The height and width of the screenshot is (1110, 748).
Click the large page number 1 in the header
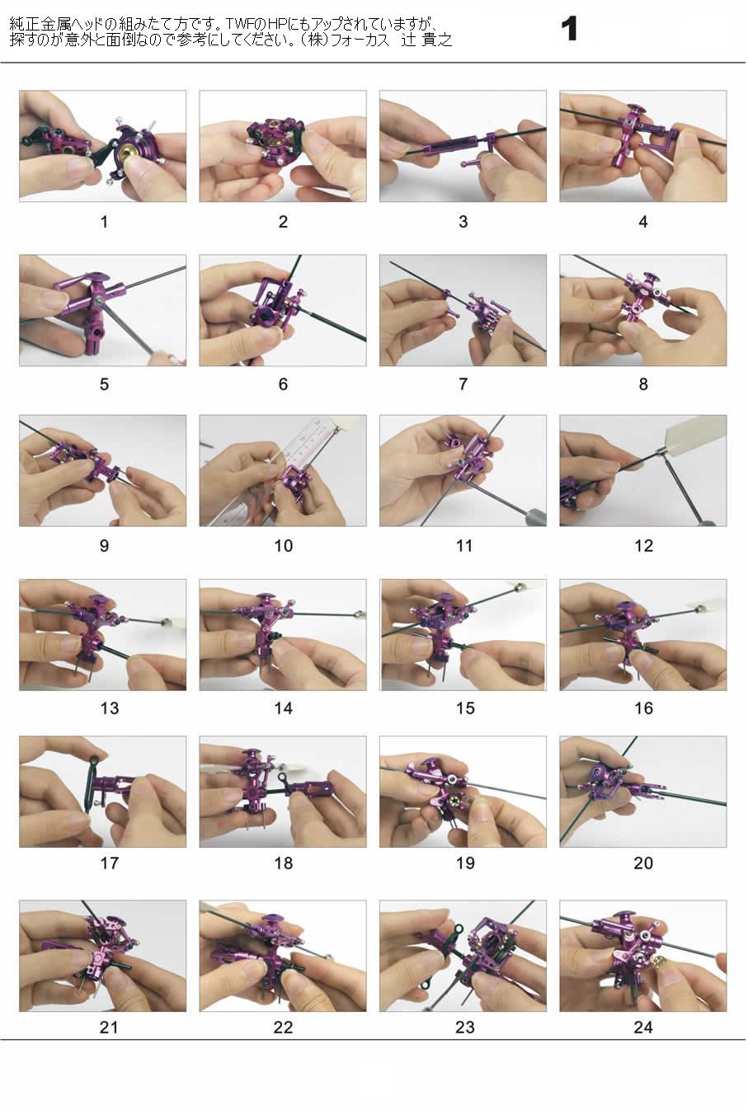coord(570,29)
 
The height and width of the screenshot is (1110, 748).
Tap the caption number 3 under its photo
coord(463,222)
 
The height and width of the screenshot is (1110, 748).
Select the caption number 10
coord(284,546)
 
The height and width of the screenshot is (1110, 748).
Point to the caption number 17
coord(110,863)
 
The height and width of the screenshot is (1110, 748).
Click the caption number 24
coord(643,1028)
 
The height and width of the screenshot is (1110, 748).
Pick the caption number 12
coord(643,546)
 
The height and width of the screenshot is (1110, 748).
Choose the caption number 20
coord(643,863)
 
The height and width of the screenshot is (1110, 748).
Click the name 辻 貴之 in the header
coord(427,40)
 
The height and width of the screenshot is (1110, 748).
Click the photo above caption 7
coord(463,310)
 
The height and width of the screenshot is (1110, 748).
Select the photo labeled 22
coord(283,956)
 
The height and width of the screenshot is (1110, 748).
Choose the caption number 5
coord(104,384)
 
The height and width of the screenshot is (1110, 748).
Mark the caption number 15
coord(465,708)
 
